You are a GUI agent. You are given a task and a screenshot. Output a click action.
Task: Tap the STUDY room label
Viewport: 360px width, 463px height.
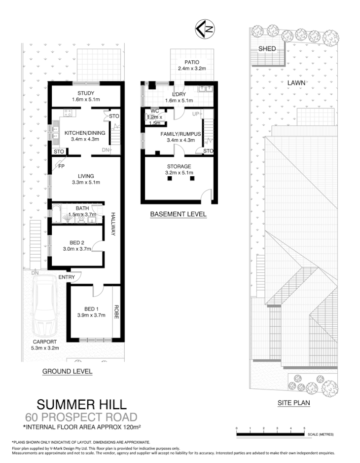85,93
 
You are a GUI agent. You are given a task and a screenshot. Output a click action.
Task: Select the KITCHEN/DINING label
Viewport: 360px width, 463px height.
78,132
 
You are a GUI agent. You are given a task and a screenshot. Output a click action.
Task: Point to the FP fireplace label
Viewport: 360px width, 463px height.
62,166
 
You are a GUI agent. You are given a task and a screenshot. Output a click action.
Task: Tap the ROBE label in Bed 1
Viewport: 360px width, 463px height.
117,313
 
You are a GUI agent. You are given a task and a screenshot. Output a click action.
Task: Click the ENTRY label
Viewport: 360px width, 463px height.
67,277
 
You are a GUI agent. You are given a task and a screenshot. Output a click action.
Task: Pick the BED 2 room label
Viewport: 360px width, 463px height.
77,242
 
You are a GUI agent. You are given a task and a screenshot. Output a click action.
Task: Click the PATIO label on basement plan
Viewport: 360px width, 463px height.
192,62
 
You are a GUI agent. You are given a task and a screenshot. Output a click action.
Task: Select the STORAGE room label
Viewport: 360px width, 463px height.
179,166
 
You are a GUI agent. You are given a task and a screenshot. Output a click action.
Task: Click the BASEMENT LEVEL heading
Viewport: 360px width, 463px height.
178,214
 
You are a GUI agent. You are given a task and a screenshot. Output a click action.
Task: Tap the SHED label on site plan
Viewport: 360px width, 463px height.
267,49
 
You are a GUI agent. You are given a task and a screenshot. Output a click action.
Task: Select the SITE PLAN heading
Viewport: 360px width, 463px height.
294,403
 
